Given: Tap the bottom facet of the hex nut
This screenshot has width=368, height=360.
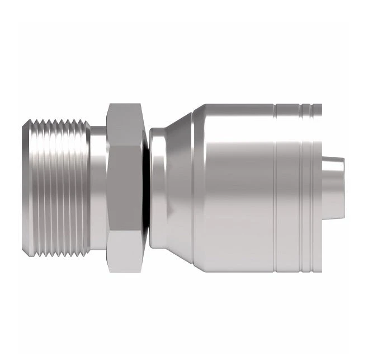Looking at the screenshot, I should [126, 249].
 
